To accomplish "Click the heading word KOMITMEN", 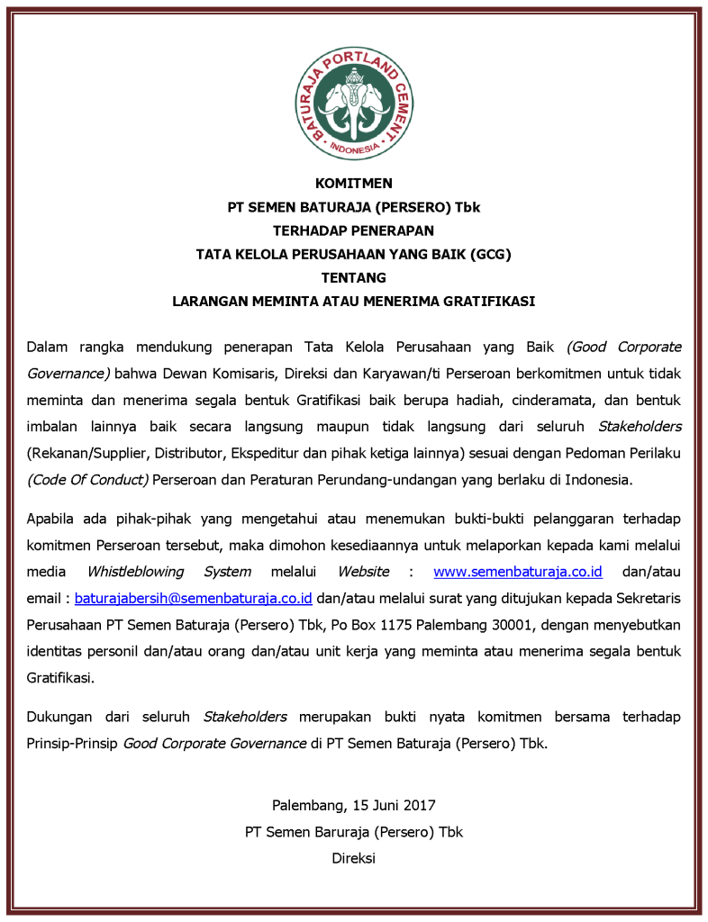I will pos(353,184).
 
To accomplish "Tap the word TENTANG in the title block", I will pos(353,277).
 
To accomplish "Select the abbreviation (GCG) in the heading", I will pos(491,254).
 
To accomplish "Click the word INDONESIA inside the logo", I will pos(353,147).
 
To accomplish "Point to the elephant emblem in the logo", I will pos(353,101).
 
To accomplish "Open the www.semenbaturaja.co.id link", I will pos(518,572).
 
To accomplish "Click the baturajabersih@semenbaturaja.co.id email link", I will pos(193,597).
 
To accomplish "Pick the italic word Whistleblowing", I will pos(135,572).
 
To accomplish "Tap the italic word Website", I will pos(363,572).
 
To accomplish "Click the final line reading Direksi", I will pos(353,857).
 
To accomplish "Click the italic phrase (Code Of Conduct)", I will pos(87,479).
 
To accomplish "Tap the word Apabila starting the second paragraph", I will pos(52,519).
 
